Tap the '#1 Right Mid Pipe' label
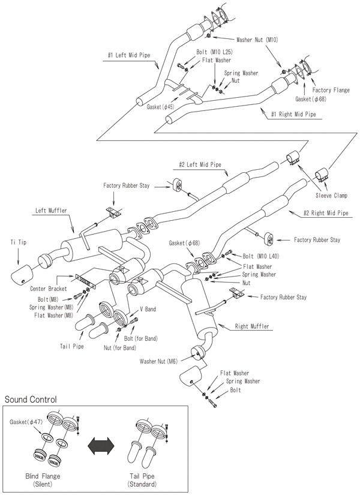293,112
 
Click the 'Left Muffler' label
51,211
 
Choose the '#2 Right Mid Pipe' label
324,213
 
